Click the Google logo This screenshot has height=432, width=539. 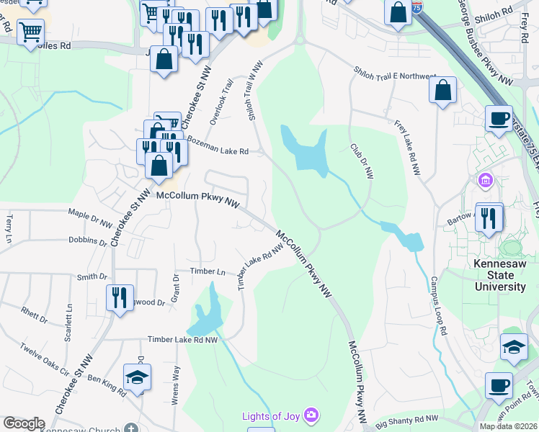tap(24, 423)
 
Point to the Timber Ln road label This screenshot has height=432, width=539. tap(208, 271)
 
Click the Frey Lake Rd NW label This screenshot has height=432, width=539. tap(407, 148)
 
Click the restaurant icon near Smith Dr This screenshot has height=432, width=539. tap(118, 297)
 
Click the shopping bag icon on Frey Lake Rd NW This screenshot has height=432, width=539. tap(443, 91)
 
